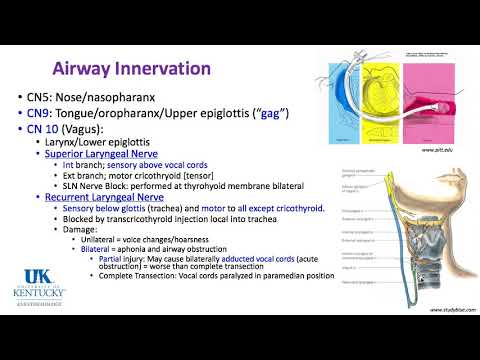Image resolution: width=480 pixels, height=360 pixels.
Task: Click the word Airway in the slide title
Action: tap(85, 69)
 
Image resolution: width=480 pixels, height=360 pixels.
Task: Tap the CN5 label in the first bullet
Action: tap(43, 99)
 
